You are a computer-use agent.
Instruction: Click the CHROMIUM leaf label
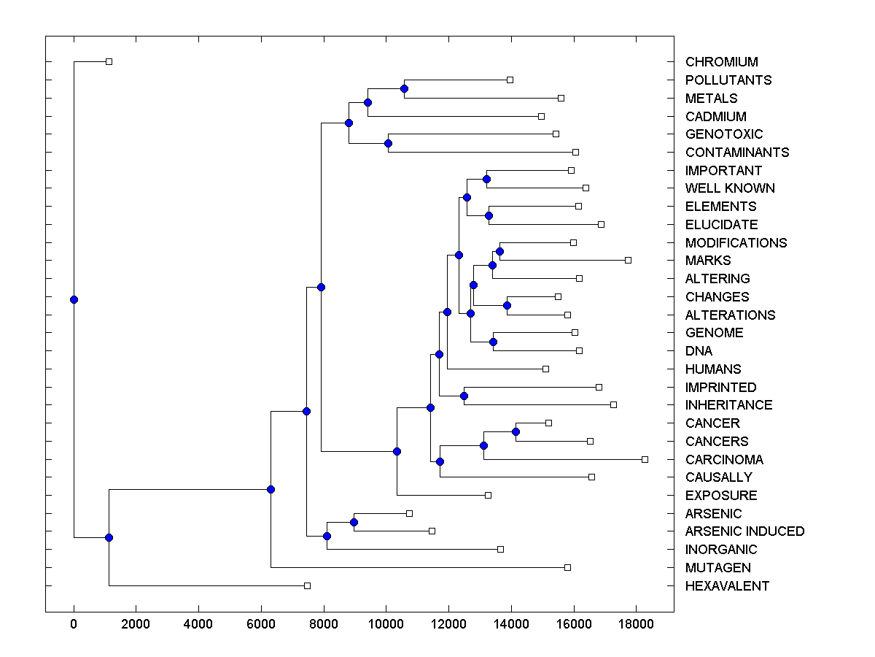click(721, 62)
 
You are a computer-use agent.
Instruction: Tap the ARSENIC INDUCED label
click(744, 531)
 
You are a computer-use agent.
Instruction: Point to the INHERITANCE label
click(728, 405)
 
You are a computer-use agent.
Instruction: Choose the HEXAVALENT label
click(727, 586)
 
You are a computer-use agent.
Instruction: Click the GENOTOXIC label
click(724, 134)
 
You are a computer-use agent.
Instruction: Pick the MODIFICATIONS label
click(736, 243)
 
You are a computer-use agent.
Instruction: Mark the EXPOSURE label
click(721, 496)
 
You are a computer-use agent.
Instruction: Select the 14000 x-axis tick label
click(510, 624)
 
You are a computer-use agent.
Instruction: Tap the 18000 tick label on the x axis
click(636, 624)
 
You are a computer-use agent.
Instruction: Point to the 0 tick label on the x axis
click(74, 624)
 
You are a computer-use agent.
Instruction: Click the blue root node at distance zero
click(74, 299)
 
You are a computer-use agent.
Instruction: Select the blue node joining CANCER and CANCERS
click(516, 432)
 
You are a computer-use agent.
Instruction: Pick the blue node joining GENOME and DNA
click(493, 342)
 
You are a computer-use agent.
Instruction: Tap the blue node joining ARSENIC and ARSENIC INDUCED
click(354, 522)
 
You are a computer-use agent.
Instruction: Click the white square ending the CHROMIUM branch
click(109, 62)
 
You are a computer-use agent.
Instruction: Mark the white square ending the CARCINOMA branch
click(645, 459)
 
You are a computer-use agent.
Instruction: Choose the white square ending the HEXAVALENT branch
click(307, 585)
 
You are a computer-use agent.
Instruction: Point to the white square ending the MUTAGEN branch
click(567, 567)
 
